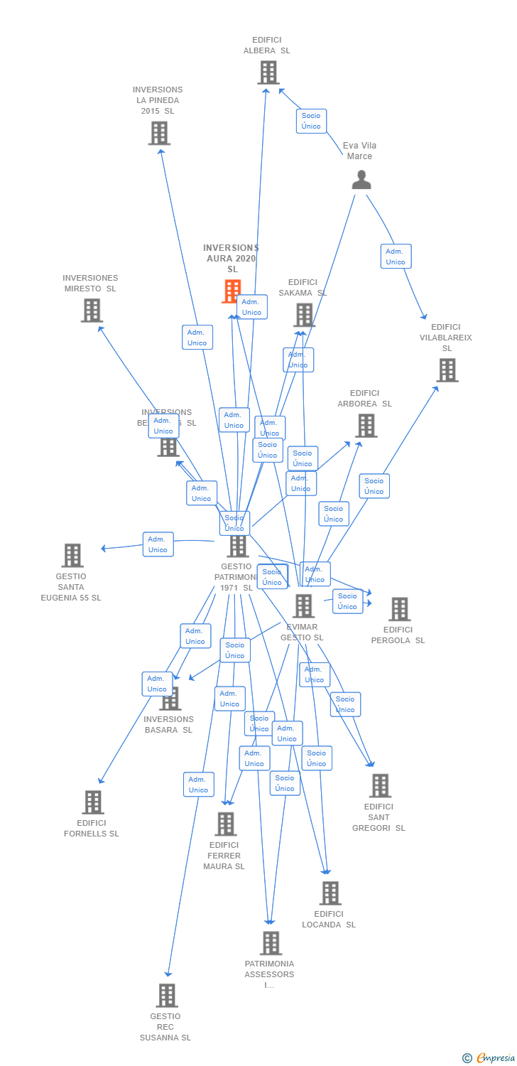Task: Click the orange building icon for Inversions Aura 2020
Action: [x=232, y=291]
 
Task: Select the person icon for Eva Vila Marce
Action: [x=361, y=180]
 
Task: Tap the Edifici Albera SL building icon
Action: [x=268, y=72]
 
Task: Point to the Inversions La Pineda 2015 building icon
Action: [x=159, y=133]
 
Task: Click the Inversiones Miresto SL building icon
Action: [x=92, y=311]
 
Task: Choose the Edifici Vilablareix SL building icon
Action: [x=447, y=370]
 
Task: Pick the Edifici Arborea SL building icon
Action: [x=366, y=426]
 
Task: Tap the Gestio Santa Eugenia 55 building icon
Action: [x=72, y=556]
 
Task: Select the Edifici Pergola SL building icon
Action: [x=399, y=609]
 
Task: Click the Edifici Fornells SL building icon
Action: [x=92, y=802]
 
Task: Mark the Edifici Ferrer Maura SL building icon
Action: [x=225, y=824]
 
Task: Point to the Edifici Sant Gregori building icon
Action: [x=380, y=786]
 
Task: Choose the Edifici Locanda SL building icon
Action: [x=330, y=893]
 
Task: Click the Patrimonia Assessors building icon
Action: [x=271, y=944]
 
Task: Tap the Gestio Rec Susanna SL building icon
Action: [x=166, y=996]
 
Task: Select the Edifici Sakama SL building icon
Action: [x=303, y=315]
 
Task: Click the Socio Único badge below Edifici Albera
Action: [x=311, y=121]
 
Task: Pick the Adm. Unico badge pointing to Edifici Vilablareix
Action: [x=396, y=257]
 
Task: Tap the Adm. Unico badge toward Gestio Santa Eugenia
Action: [x=158, y=544]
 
